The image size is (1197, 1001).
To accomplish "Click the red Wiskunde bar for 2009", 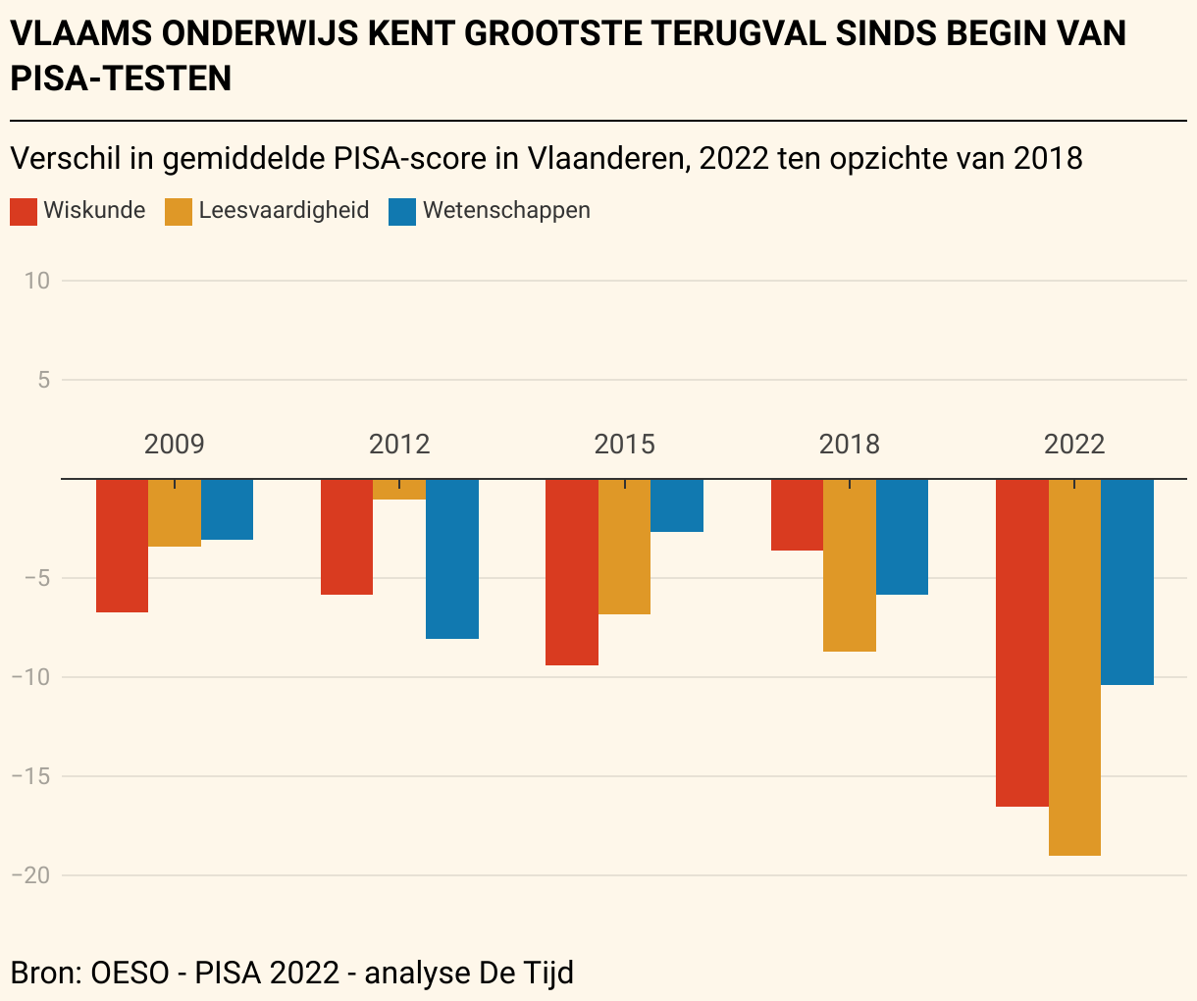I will coord(122,546).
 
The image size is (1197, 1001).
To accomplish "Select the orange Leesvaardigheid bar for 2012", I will coord(399,490).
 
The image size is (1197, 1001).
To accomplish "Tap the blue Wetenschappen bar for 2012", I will coord(452,558).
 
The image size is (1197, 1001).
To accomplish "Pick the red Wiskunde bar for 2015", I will coord(572,572).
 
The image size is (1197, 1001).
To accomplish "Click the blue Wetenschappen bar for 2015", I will coord(677,505).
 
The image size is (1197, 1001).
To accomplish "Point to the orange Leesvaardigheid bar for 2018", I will coord(850,565).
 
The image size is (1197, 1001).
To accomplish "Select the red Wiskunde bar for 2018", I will coord(797,515).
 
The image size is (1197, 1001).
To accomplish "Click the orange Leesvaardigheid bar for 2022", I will coord(1074,667).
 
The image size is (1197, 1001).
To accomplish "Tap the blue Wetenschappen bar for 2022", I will coord(1127,582).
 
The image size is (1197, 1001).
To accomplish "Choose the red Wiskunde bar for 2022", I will coord(1022,643).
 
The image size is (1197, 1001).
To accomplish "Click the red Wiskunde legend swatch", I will coord(24,211).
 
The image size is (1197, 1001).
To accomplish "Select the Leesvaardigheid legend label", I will coord(284,210).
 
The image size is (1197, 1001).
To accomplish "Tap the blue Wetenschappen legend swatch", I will coord(402,211).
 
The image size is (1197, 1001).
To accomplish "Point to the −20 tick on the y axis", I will coord(30,875).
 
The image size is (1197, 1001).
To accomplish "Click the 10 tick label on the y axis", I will coord(37,281).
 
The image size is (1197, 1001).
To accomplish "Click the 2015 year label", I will coord(625,445).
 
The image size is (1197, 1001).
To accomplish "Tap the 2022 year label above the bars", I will coord(1074,445).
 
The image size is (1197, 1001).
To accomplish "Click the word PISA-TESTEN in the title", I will coord(121,79).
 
